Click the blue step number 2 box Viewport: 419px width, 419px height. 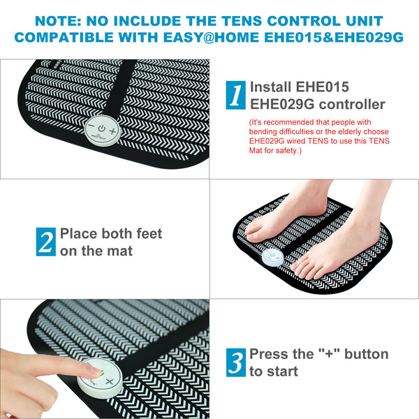point(45,242)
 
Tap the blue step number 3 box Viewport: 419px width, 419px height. point(236,362)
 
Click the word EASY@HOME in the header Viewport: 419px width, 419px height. point(223,36)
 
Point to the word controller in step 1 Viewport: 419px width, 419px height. point(350,104)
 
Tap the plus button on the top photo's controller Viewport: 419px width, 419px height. point(114,130)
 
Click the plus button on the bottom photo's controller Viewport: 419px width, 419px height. point(110,381)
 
